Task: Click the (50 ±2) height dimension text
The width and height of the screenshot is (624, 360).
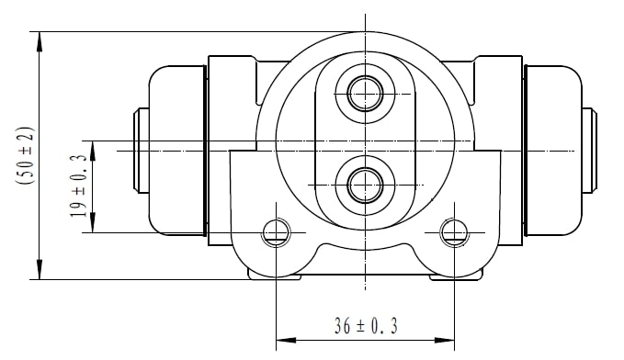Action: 24,155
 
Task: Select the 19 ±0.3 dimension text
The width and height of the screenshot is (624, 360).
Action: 78,186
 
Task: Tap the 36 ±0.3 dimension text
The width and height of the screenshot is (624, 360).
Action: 366,326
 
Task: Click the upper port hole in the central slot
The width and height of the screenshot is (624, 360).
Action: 365,94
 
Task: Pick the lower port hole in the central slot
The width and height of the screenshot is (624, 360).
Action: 365,185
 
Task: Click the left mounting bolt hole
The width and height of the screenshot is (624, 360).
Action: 277,232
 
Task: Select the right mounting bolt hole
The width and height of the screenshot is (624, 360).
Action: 454,232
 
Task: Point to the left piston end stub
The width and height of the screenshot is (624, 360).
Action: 141,151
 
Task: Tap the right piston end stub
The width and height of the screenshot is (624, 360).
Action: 590,151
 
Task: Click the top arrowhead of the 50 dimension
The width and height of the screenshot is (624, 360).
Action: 39,41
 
